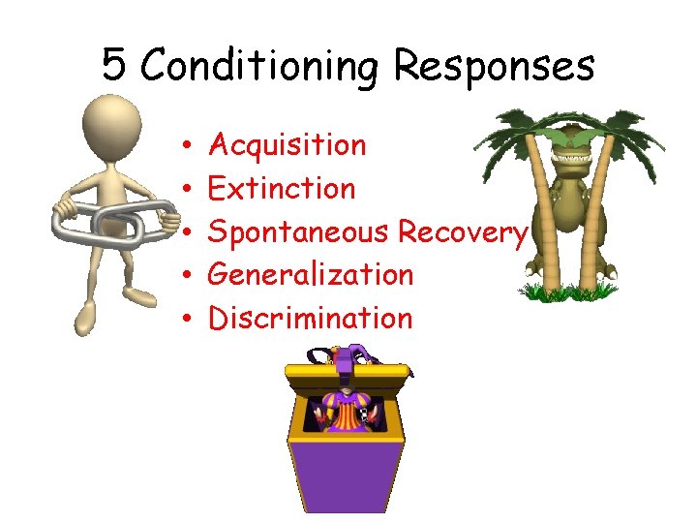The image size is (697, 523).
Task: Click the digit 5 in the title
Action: tap(113, 66)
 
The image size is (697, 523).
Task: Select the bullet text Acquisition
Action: tap(288, 145)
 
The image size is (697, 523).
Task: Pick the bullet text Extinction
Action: tap(282, 188)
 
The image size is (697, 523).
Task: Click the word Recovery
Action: tap(463, 232)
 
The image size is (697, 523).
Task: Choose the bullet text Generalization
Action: tap(311, 274)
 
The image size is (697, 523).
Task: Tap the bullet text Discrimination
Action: tap(311, 318)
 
